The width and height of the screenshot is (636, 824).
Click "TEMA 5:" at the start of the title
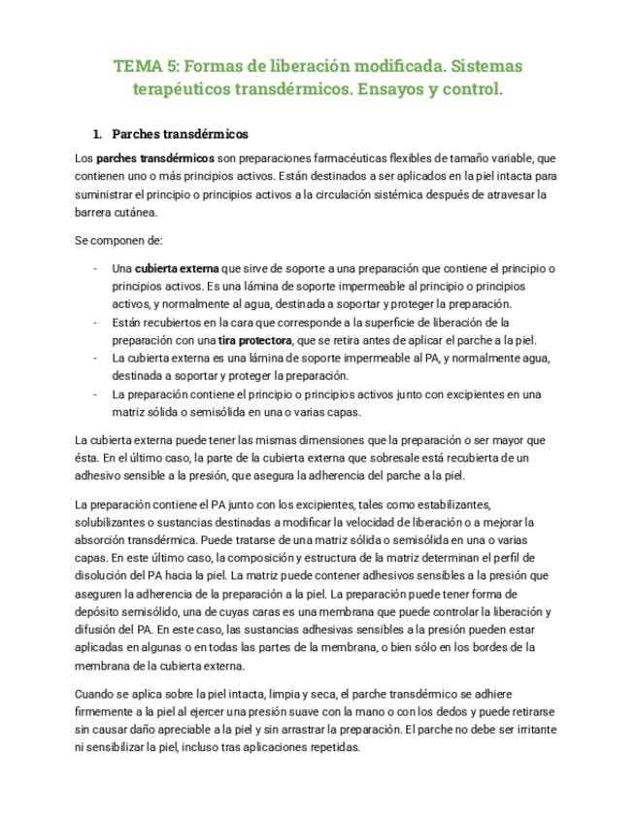pyautogui.click(x=145, y=67)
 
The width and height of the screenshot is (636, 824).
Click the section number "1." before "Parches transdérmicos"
pyautogui.click(x=97, y=134)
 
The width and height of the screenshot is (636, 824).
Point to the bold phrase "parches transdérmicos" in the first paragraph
pyautogui.click(x=156, y=157)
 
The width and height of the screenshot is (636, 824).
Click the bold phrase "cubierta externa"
pyautogui.click(x=177, y=268)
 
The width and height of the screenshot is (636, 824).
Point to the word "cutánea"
pyautogui.click(x=134, y=212)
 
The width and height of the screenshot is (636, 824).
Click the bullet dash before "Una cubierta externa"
pyautogui.click(x=95, y=268)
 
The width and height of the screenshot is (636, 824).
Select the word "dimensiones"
pyautogui.click(x=353, y=440)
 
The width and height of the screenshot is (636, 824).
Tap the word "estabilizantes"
pyautogui.click(x=450, y=504)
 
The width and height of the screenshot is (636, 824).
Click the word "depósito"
pyautogui.click(x=98, y=611)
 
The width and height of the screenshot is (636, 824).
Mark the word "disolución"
pyautogui.click(x=102, y=575)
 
